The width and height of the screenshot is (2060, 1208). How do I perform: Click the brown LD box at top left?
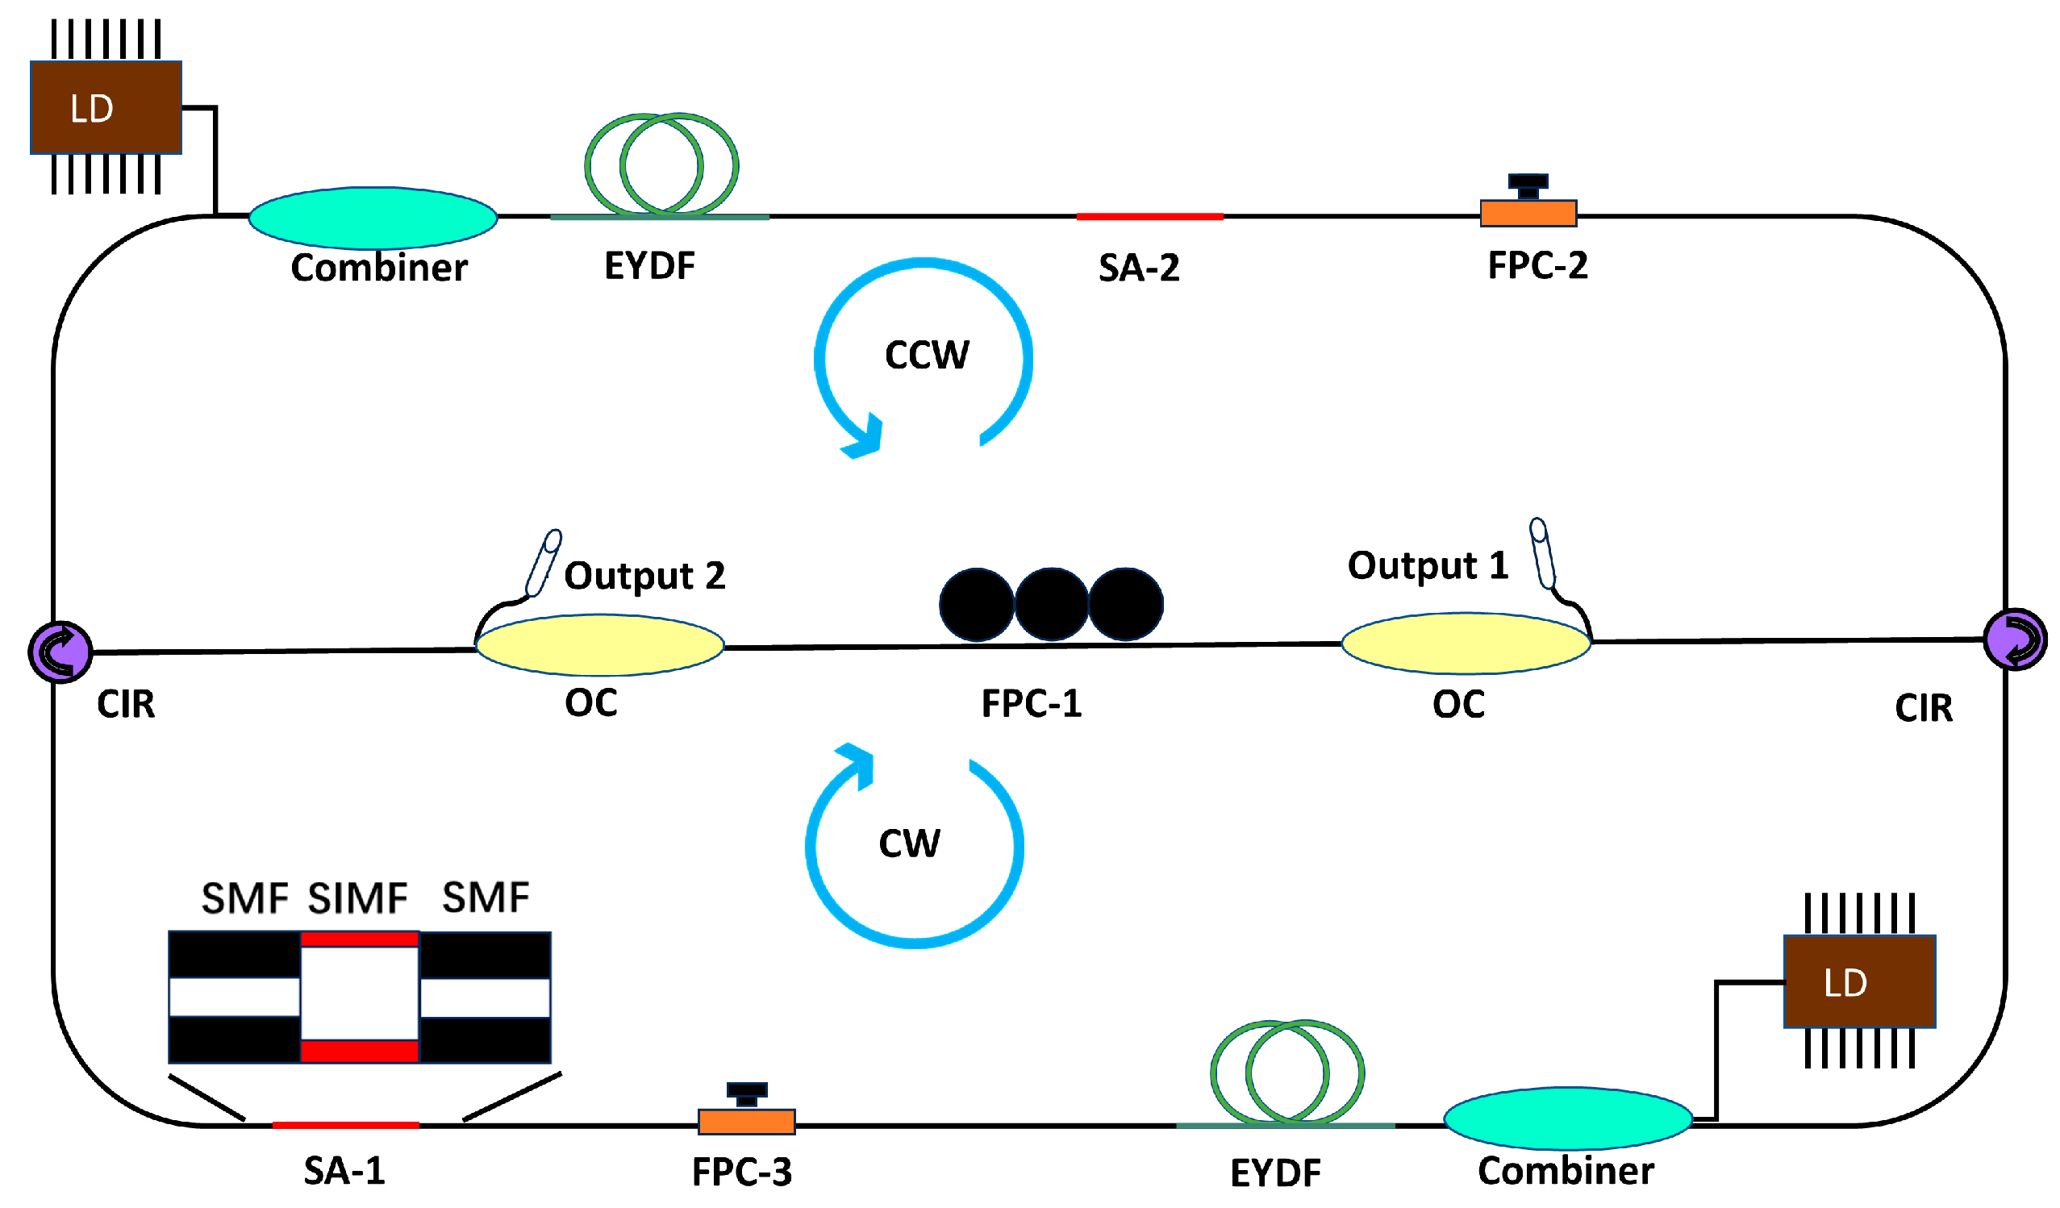point(106,107)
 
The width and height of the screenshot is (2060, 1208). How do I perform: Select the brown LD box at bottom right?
point(1859,981)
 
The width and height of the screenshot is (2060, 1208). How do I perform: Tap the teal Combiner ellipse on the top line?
point(373,218)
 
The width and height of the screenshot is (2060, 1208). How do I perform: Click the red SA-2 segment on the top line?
point(1149,217)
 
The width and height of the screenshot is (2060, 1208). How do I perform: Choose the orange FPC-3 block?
point(746,1122)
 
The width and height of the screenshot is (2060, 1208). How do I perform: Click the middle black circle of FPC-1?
point(1051,604)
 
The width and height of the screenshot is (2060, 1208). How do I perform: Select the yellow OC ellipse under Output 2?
point(599,645)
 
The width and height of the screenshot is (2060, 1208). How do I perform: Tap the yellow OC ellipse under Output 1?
point(1466,644)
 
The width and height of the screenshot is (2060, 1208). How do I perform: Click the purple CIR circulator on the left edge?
point(60,652)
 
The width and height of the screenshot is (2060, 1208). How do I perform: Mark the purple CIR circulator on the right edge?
point(2014,639)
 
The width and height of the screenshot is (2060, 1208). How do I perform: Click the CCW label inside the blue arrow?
point(926,355)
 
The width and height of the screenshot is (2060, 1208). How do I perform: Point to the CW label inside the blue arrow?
point(909,843)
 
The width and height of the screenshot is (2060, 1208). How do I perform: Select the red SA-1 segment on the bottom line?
point(346,1125)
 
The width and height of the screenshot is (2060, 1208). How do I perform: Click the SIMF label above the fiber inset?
point(357,898)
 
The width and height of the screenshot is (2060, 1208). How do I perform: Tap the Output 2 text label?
point(644,576)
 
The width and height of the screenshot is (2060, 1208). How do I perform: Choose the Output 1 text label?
point(1428,564)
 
